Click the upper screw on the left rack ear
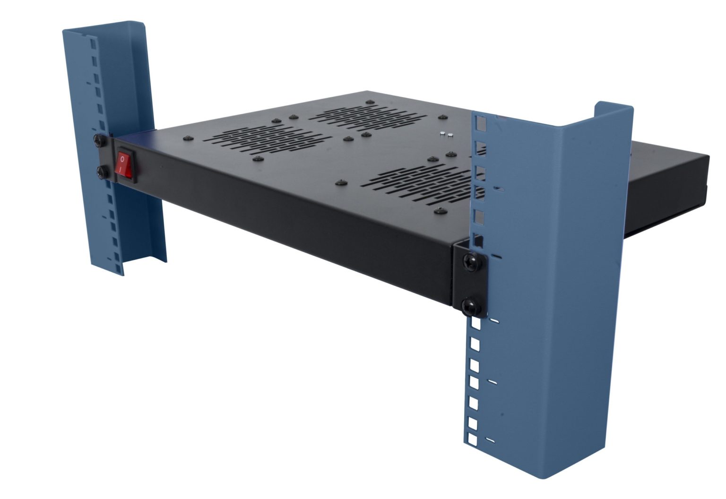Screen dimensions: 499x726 click(x=99, y=140)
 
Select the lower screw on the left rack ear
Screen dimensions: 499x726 click(x=101, y=172)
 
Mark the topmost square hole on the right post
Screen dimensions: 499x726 click(x=481, y=124)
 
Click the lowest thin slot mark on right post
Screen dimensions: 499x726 click(x=491, y=440)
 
